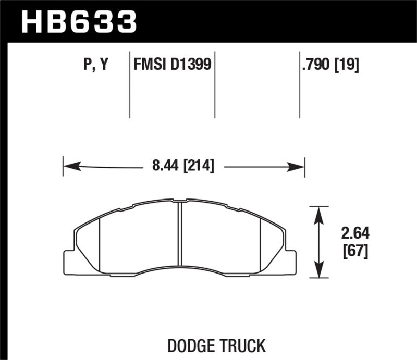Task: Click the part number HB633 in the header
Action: (79, 21)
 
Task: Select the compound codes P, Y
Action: (95, 65)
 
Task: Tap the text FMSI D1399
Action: (172, 65)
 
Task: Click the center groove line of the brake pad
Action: (179, 234)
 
